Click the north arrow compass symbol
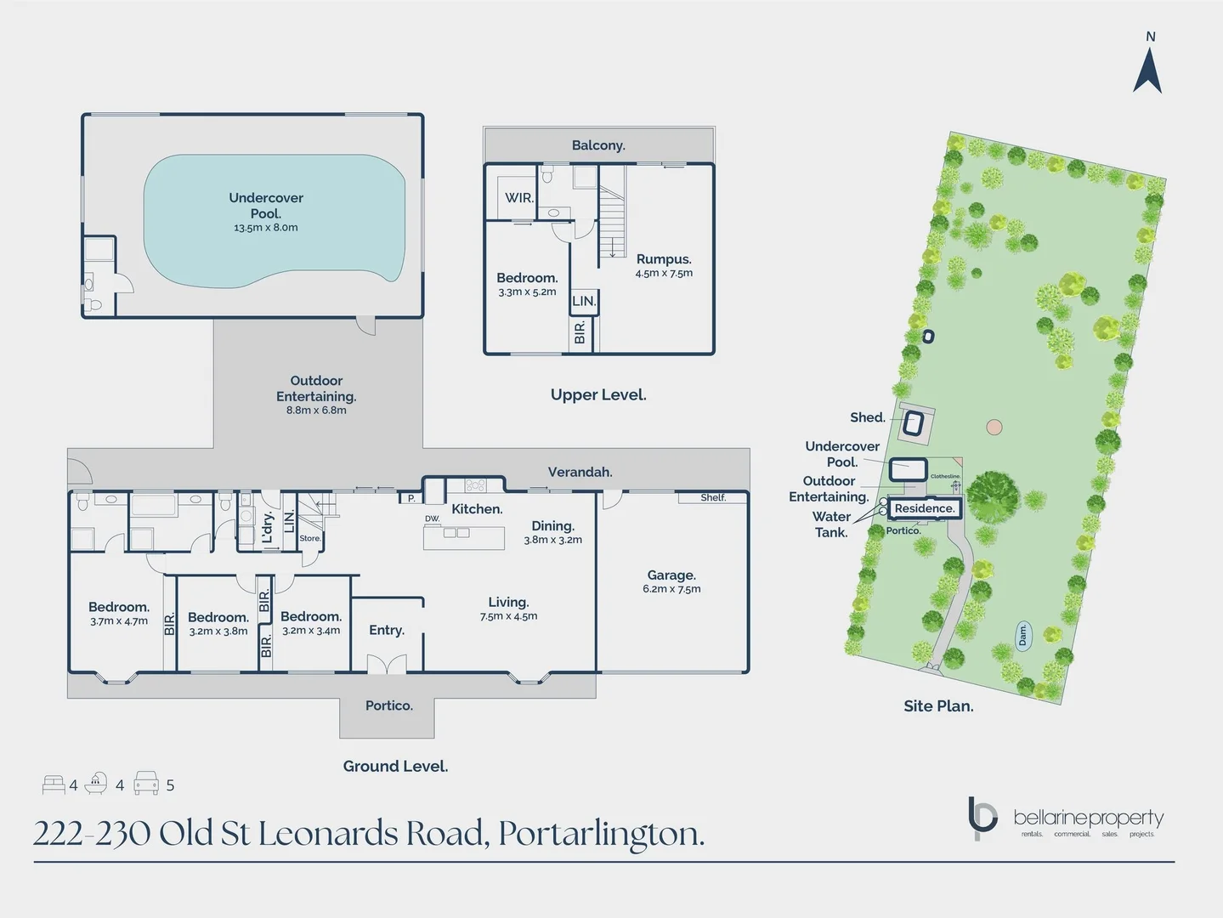coord(1147,70)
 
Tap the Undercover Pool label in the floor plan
coord(266,206)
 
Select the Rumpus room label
coord(664,259)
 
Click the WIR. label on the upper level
coord(519,198)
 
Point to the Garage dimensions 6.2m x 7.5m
coord(671,589)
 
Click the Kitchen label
coord(477,509)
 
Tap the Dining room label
coord(552,526)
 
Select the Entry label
coord(387,630)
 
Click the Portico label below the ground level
coord(389,705)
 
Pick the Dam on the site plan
coord(1023,635)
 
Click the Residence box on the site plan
coord(925,508)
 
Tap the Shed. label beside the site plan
coord(868,417)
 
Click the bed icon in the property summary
coord(54,784)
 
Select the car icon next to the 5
coord(146,784)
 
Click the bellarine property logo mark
coord(982,818)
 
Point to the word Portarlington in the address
coord(601,834)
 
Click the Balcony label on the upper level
coord(598,145)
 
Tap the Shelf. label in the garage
coord(713,497)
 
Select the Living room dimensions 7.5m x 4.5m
coord(508,616)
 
